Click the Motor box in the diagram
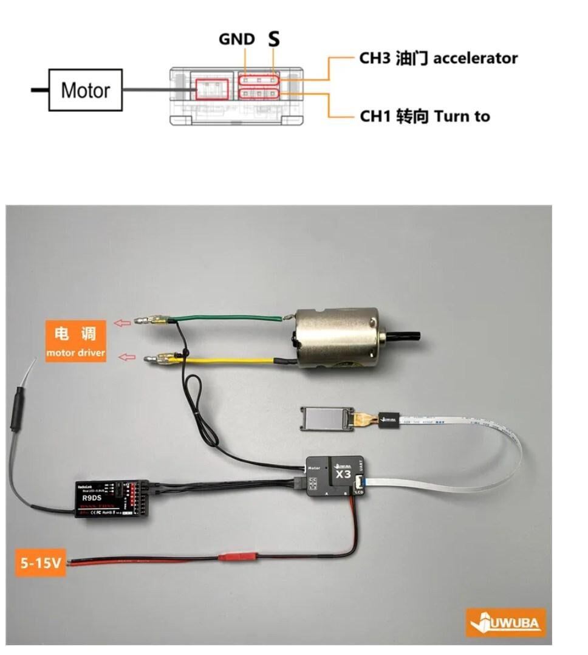click(x=86, y=90)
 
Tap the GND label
click(x=237, y=39)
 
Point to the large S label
click(x=275, y=40)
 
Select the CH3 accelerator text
click(x=438, y=58)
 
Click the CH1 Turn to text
click(x=425, y=115)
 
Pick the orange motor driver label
click(x=76, y=342)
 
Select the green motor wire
click(x=231, y=317)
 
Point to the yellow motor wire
click(x=231, y=360)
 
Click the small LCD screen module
click(x=323, y=419)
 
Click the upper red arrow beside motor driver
click(x=123, y=323)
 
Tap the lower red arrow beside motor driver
click(x=126, y=357)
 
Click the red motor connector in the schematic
click(x=212, y=90)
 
